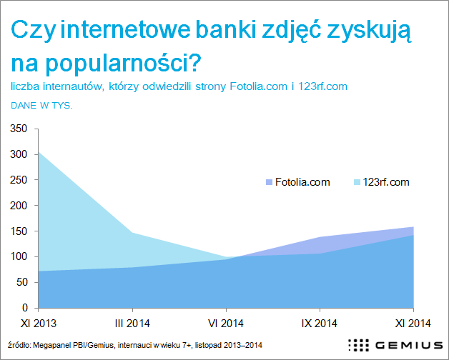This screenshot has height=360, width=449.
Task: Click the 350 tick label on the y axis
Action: (19, 129)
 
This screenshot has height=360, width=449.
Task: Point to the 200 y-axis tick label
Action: (19, 206)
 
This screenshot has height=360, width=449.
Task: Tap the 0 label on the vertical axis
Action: (24, 308)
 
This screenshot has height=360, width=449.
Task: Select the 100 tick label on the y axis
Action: (19, 256)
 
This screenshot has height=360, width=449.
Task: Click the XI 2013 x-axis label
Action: (39, 324)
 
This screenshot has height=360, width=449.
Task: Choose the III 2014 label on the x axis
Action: (132, 324)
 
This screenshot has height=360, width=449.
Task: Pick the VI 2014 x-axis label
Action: (226, 324)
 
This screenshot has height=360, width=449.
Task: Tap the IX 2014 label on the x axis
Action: (320, 324)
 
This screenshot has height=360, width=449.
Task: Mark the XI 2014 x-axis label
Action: (413, 324)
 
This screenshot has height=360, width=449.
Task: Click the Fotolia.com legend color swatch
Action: (269, 182)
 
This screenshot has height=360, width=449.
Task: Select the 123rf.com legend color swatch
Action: (357, 182)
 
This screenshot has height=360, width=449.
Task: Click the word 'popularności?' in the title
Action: (124, 63)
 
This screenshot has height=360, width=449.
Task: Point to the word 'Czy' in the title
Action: (33, 31)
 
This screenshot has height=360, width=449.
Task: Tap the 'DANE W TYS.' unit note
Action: (41, 106)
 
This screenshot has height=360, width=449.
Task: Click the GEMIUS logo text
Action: (409, 346)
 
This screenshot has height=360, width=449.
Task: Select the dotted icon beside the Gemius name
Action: (358, 345)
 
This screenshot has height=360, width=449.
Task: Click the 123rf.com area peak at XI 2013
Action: (39, 152)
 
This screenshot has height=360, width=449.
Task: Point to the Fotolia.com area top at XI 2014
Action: (413, 227)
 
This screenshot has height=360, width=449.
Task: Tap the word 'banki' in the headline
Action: (226, 30)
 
